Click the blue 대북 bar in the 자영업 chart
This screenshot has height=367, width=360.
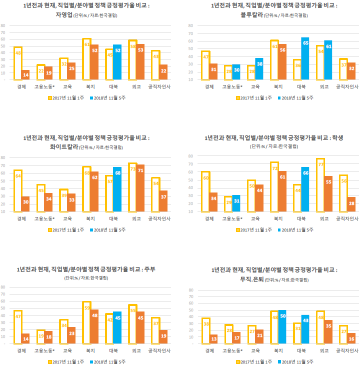(x=117, y=62)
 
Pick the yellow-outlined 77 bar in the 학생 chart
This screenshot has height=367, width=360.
(x=320, y=185)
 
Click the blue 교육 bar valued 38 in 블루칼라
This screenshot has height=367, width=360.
(x=259, y=68)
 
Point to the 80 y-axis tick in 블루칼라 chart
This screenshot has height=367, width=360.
(x=190, y=34)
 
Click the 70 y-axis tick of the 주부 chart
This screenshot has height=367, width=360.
(x=3, y=294)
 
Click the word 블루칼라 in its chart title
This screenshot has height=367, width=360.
(x=251, y=15)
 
